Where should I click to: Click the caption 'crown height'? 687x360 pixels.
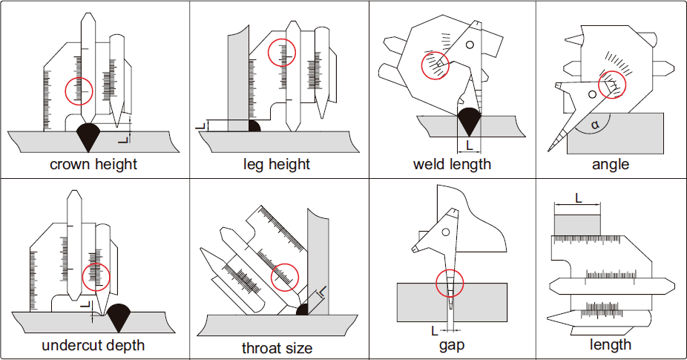93,164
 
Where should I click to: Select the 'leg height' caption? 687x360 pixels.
277,164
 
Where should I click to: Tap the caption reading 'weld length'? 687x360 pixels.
452,164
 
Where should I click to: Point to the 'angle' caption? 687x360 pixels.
611,164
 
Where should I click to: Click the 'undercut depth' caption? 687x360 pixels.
93,345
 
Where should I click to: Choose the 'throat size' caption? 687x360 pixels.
277,347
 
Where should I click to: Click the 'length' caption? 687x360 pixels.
611,344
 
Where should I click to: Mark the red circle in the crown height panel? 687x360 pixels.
80,91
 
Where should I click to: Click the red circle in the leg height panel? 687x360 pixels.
282,51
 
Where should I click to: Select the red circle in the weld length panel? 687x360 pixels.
435,65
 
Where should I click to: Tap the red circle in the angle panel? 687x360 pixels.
612,85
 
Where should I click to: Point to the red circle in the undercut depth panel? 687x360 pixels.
96,277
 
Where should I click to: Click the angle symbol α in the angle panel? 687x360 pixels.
594,125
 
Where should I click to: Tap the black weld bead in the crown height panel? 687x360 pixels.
90,135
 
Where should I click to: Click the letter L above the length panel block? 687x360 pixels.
578,198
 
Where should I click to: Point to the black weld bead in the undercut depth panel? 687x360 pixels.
119,318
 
